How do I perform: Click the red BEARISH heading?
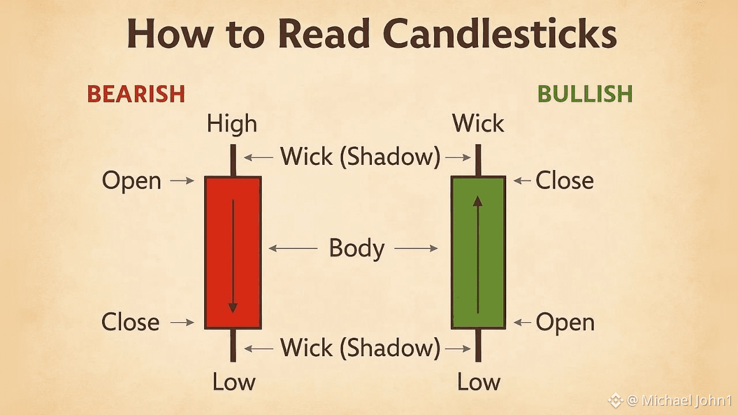136,94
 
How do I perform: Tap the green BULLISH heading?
585,94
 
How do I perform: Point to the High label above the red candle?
232,124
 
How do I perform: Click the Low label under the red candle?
234,382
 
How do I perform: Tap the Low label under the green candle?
479,382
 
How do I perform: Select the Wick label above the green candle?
478,124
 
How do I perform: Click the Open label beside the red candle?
131,181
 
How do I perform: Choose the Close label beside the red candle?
130,322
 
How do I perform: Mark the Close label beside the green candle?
564,181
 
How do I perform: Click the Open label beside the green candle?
565,322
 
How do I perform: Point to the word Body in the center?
356,248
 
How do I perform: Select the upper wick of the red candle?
233,161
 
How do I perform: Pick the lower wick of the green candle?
478,345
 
